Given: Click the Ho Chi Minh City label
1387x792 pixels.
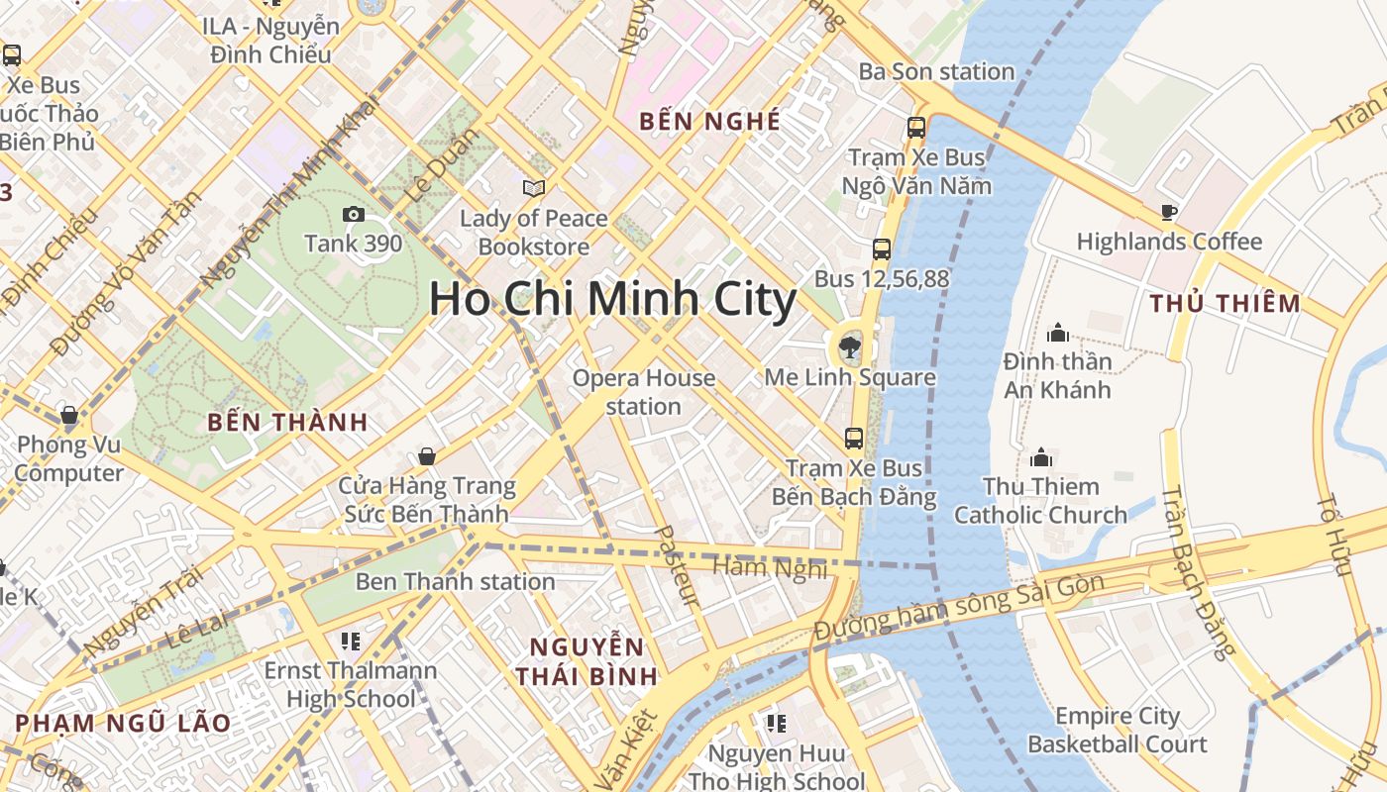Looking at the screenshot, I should [x=612, y=299].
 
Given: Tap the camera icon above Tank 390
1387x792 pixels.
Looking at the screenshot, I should [x=353, y=214].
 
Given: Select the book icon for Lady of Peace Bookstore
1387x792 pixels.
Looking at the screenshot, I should [x=534, y=188].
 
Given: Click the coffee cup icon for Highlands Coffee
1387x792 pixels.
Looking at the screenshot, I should [x=1168, y=212].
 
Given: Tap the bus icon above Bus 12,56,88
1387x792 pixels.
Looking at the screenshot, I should [x=881, y=249].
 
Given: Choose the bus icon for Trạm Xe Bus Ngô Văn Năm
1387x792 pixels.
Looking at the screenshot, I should [x=915, y=128].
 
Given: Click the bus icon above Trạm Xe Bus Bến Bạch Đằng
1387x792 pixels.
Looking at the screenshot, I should [x=853, y=438].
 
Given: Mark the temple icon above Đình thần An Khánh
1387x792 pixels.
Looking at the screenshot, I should [x=1057, y=332].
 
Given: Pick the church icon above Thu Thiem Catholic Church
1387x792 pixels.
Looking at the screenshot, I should [x=1040, y=457].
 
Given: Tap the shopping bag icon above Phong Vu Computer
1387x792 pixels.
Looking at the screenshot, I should [x=69, y=415].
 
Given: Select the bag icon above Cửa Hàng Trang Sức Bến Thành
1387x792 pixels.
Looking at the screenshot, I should [x=426, y=456].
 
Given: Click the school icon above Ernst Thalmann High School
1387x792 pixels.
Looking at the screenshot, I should [x=350, y=642].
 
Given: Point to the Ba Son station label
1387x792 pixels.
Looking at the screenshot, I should [x=936, y=71].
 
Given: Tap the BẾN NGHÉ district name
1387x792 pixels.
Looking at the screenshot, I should [x=709, y=122].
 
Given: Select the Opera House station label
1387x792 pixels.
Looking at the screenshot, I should [x=644, y=392].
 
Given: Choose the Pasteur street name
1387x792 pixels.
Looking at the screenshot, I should [x=678, y=565].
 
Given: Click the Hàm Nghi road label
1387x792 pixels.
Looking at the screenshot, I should [x=770, y=568].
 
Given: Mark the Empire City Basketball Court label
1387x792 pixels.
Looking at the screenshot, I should [x=1118, y=730].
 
